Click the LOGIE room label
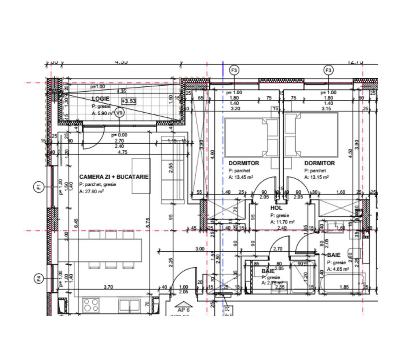(101, 99)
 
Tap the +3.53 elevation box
(129, 101)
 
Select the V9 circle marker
(120, 113)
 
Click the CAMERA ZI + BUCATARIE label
(114, 177)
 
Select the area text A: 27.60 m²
(92, 192)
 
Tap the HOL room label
(276, 208)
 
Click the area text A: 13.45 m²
(241, 177)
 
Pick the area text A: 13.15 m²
(316, 177)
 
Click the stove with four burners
(91, 305)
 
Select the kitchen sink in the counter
(129, 305)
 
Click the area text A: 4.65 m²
(338, 269)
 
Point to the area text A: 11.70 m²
(283, 222)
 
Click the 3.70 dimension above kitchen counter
(109, 287)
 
